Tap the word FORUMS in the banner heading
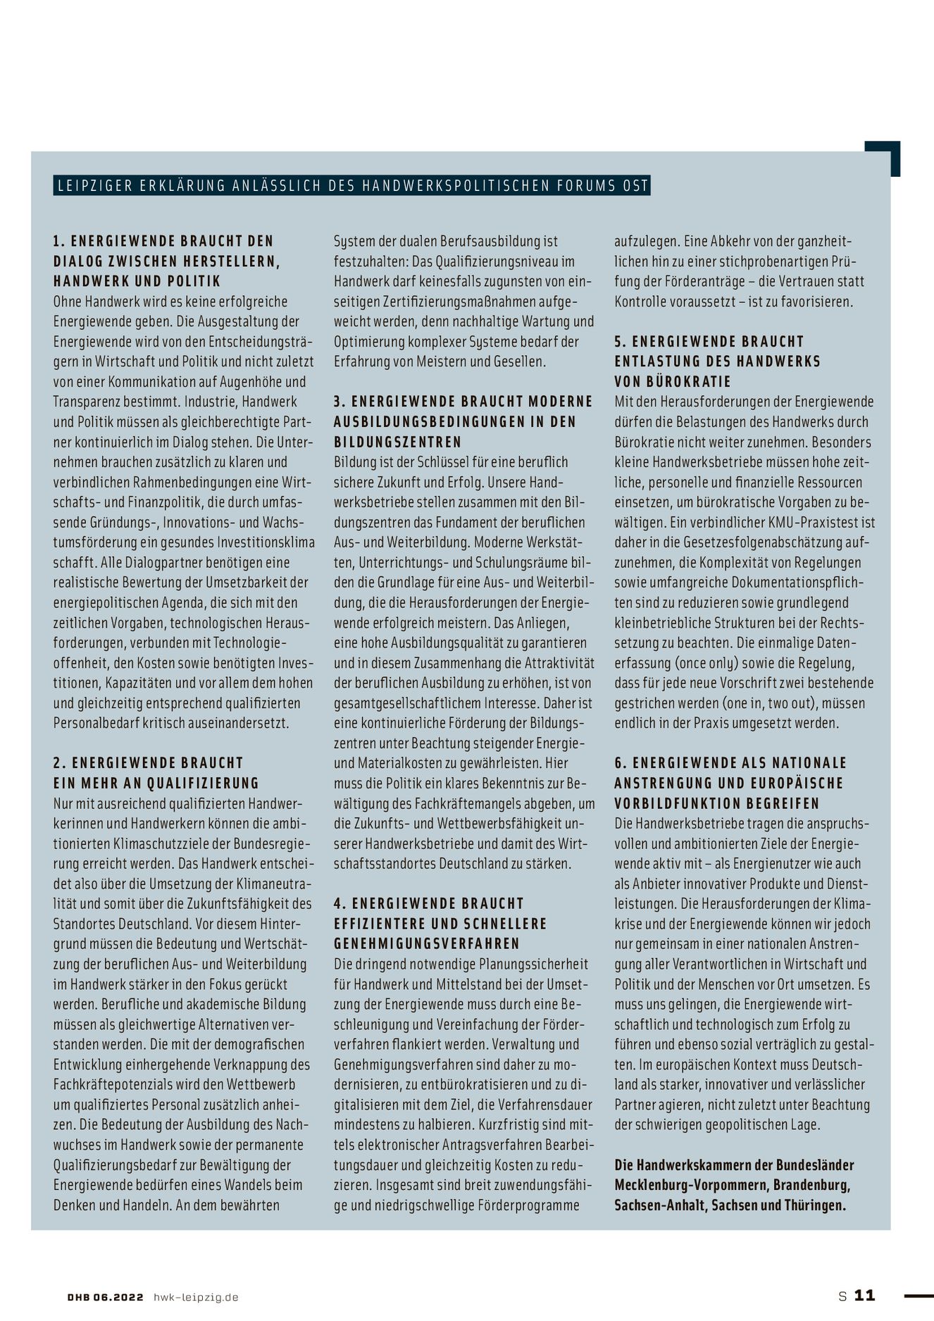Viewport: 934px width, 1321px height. [578, 186]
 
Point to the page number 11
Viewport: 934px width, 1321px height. [865, 1295]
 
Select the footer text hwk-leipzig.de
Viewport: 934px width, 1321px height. [196, 1297]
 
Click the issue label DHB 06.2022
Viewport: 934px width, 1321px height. [106, 1297]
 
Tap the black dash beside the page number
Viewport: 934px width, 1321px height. [919, 1295]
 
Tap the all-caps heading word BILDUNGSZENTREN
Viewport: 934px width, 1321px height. [398, 442]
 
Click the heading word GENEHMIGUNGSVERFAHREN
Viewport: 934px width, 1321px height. [427, 943]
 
